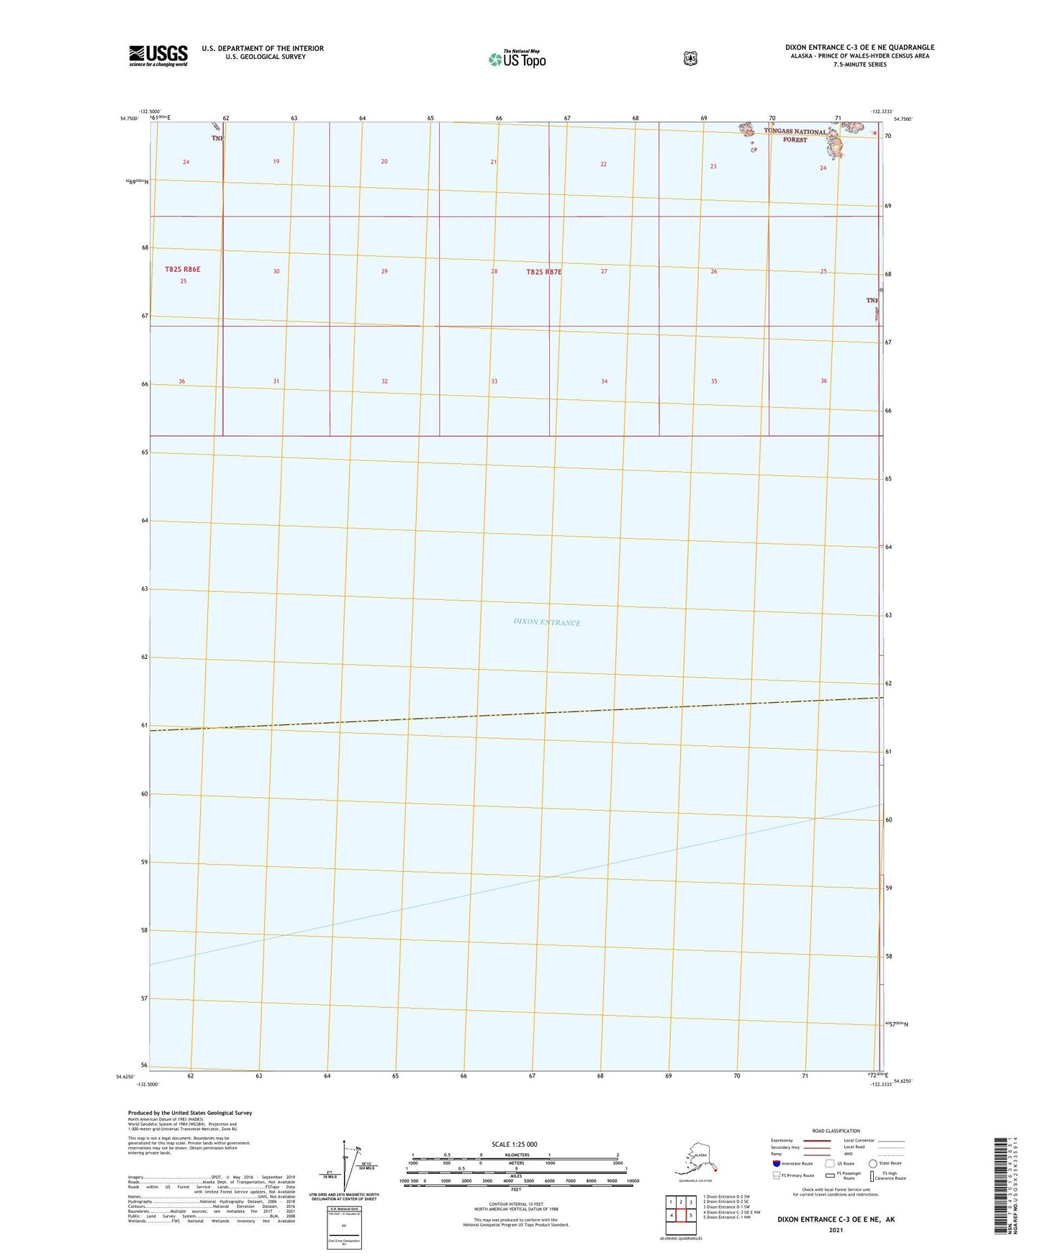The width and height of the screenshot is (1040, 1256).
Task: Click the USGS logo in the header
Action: pyautogui.click(x=158, y=55)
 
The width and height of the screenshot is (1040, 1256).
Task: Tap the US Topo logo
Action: pyautogui.click(x=517, y=59)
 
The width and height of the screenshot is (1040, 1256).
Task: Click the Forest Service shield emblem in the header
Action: pyautogui.click(x=690, y=58)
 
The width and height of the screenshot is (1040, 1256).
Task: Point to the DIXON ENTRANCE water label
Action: pyautogui.click(x=547, y=622)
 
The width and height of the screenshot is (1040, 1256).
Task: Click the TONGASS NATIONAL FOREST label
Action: pyautogui.click(x=795, y=135)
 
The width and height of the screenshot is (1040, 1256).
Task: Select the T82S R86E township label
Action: pyautogui.click(x=183, y=269)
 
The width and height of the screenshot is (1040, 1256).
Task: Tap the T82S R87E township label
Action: pyautogui.click(x=544, y=272)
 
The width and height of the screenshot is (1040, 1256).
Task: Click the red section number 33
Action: pyautogui.click(x=494, y=381)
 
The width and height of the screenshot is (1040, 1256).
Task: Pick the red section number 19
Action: pyautogui.click(x=276, y=162)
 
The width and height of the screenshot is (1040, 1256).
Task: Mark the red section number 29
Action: pyautogui.click(x=384, y=271)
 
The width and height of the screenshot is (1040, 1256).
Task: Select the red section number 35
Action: pyautogui.click(x=714, y=381)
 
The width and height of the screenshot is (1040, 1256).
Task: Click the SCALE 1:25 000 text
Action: pyautogui.click(x=514, y=1144)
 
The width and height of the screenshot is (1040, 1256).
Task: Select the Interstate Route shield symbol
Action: pyautogui.click(x=776, y=1163)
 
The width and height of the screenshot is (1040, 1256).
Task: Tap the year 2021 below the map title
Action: pyautogui.click(x=835, y=1230)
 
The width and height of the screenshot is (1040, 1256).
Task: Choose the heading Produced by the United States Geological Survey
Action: pyautogui.click(x=190, y=1113)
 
